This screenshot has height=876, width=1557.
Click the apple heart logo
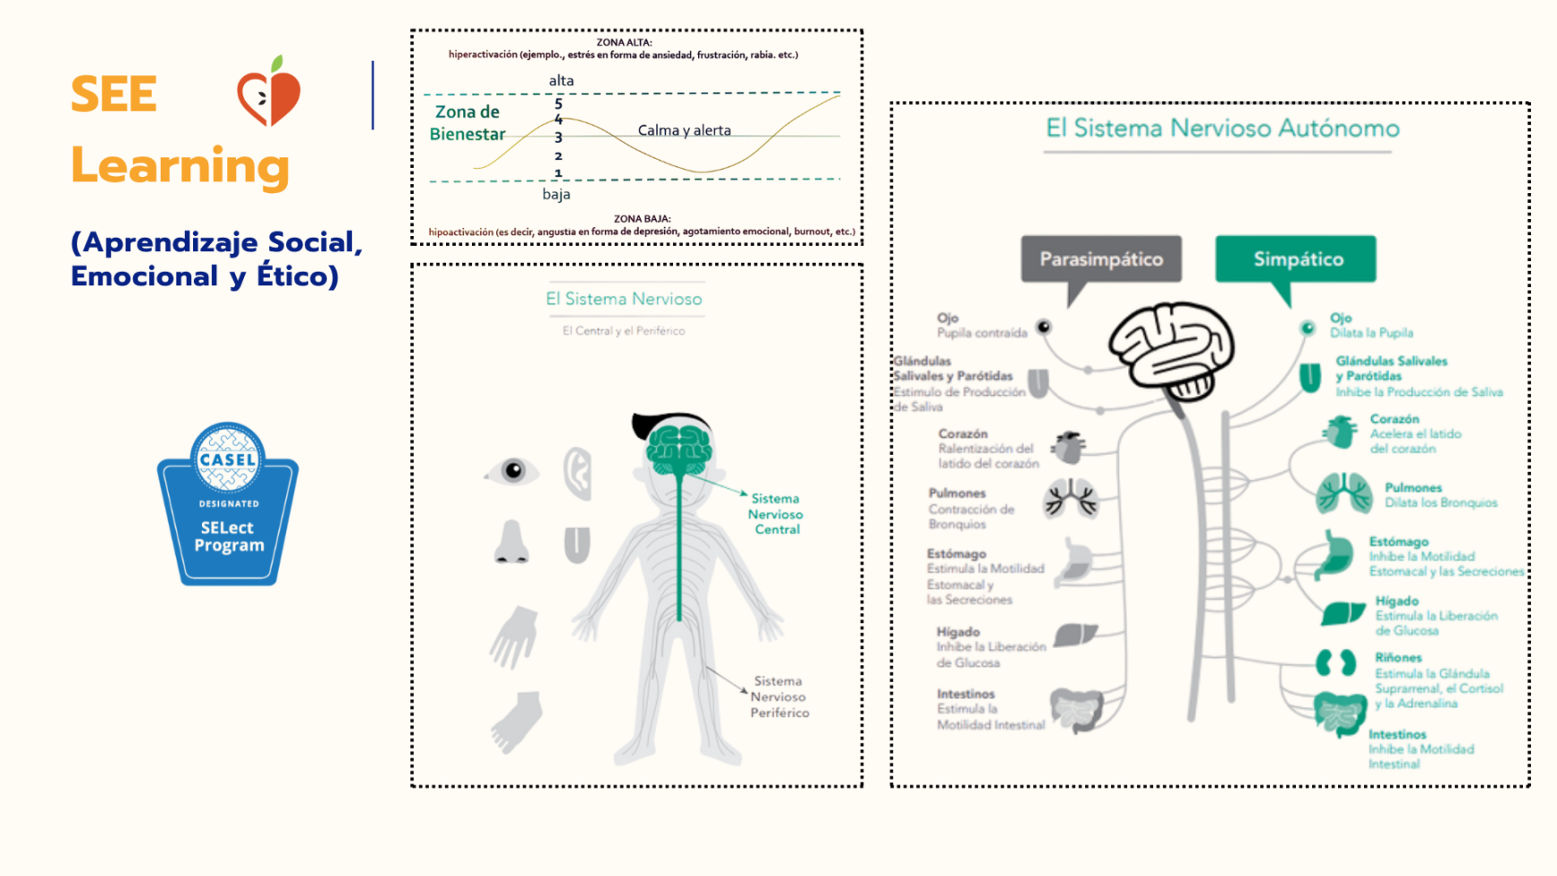pyautogui.click(x=268, y=92)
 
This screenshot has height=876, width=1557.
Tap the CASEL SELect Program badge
pyautogui.click(x=228, y=504)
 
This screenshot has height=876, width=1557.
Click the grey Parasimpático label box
pyautogui.click(x=1100, y=259)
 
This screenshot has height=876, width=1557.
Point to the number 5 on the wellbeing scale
pyautogui.click(x=558, y=103)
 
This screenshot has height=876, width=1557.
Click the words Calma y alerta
pyautogui.click(x=684, y=130)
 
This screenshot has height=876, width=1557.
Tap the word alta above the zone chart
pyautogui.click(x=561, y=81)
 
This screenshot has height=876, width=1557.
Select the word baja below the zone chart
pyautogui.click(x=555, y=194)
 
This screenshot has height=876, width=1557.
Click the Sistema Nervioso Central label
pyautogui.click(x=776, y=514)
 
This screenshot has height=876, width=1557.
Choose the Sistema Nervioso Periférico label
pyautogui.click(x=779, y=697)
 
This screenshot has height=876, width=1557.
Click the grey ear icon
pyautogui.click(x=578, y=472)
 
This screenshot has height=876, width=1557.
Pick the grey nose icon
pyautogui.click(x=512, y=542)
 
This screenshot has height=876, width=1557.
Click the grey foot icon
pyautogui.click(x=517, y=721)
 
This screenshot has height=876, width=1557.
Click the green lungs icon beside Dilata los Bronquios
pyautogui.click(x=1343, y=493)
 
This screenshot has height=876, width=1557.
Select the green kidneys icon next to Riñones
pyautogui.click(x=1335, y=663)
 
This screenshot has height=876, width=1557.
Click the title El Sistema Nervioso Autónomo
pyautogui.click(x=1222, y=128)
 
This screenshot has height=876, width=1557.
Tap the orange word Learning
pyautogui.click(x=179, y=167)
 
